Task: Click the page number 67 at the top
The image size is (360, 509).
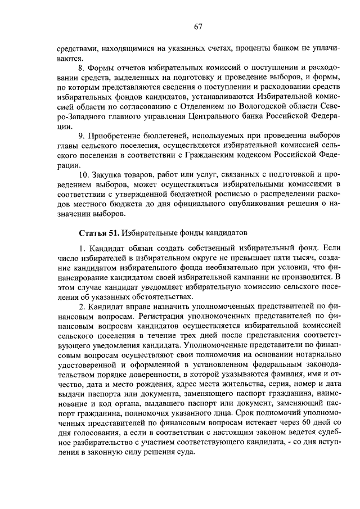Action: pos(198,26)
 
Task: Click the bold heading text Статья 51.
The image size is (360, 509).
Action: pos(98,232)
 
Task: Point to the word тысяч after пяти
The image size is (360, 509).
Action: pos(298,256)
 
